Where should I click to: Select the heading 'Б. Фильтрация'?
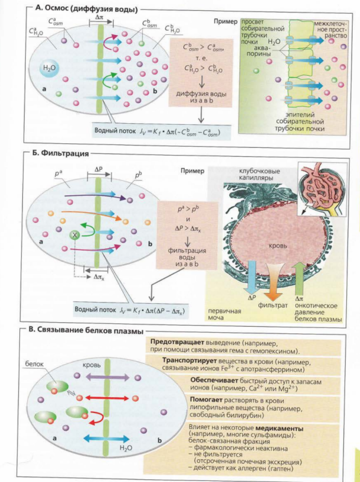click(61, 154)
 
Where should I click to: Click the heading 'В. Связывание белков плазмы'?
click(86, 330)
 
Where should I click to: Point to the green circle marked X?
click(74, 236)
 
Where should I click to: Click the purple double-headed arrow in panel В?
click(107, 377)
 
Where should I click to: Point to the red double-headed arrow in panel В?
click(107, 398)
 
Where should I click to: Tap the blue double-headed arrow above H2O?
click(106, 439)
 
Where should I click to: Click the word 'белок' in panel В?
click(34, 364)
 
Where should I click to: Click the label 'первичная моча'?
click(224, 314)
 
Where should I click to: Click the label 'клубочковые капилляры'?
click(260, 175)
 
